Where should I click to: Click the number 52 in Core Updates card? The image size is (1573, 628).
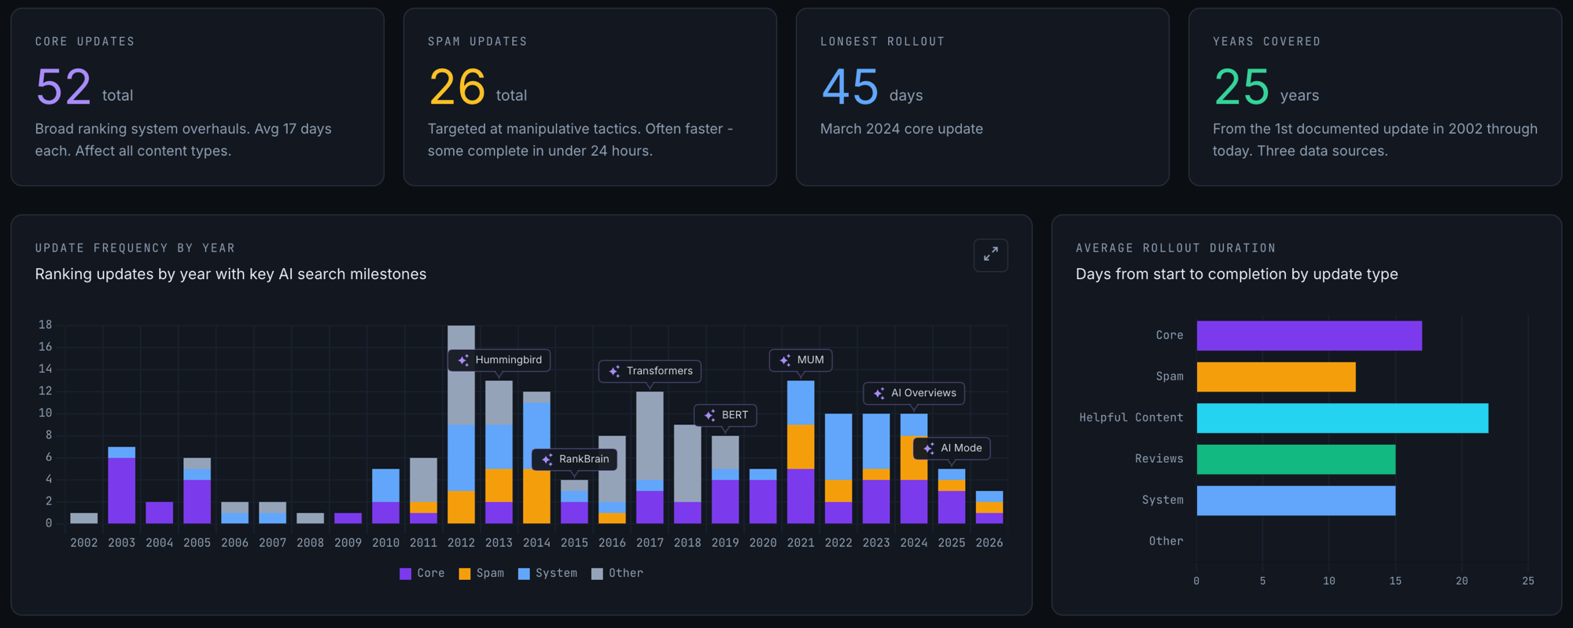(x=64, y=86)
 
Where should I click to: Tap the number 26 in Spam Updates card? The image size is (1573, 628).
(x=457, y=86)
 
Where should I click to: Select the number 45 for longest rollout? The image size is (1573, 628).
(x=849, y=86)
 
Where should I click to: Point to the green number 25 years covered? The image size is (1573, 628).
(x=1241, y=86)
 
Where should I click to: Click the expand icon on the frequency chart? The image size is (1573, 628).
(x=990, y=255)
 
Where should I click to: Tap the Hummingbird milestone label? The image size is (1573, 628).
(x=499, y=360)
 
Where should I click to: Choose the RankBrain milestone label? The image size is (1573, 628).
(x=575, y=459)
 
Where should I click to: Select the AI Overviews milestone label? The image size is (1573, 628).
(x=914, y=393)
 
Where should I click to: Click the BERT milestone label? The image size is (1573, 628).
(x=725, y=415)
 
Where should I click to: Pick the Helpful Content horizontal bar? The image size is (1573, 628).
(x=1342, y=418)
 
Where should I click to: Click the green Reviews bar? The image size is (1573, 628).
(x=1295, y=459)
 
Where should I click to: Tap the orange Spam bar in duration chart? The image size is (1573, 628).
(x=1276, y=377)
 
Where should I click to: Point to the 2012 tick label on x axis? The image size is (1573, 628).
(x=461, y=543)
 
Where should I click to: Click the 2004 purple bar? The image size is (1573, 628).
(x=160, y=512)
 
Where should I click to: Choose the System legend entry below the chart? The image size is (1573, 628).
(x=547, y=574)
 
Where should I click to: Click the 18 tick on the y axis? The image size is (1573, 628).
(x=46, y=325)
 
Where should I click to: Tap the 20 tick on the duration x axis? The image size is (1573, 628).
(x=1461, y=581)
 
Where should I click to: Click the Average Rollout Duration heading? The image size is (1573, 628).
(x=1175, y=248)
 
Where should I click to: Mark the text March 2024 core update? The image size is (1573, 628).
(x=901, y=129)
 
